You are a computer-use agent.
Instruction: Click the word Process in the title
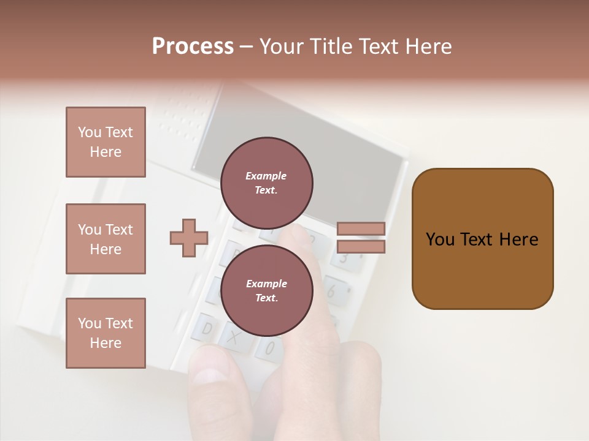193,47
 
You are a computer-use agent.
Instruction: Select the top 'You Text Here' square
106,142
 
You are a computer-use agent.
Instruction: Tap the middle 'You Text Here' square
106,239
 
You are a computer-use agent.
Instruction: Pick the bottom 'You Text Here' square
106,333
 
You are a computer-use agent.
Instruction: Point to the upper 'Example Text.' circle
266,183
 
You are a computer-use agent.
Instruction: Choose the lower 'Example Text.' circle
266,290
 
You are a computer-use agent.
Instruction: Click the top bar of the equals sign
361,229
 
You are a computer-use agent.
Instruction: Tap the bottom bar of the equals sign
361,246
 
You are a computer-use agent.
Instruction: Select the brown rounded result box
482,239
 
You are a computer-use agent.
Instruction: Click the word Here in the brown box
518,239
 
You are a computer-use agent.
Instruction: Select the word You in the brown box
440,239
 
